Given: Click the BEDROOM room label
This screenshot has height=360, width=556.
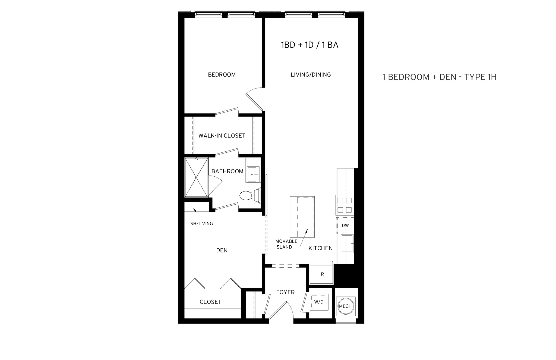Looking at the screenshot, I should [x=222, y=75].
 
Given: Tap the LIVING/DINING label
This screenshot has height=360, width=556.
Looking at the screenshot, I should [x=311, y=75].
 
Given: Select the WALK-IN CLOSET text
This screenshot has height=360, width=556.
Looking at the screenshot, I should [x=222, y=136].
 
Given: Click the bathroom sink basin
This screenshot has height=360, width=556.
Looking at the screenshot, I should [x=253, y=174].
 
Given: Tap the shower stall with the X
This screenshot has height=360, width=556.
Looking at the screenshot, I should [x=196, y=177].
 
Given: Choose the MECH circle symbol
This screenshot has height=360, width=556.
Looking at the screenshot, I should [x=345, y=306].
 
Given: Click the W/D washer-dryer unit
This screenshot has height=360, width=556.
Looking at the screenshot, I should [x=319, y=302].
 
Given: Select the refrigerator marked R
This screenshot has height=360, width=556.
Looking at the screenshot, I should [x=322, y=274].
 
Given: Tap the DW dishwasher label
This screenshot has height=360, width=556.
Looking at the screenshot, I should [x=345, y=226].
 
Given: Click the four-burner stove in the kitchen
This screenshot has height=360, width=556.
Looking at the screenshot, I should [x=345, y=205].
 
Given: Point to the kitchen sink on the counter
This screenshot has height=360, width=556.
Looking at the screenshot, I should [x=347, y=243].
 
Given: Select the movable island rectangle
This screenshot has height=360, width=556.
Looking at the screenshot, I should [x=302, y=217].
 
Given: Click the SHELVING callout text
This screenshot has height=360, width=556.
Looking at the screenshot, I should [x=201, y=224].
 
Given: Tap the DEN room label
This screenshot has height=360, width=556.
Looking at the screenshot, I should [x=222, y=251].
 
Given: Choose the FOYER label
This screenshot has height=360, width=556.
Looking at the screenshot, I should [x=285, y=292].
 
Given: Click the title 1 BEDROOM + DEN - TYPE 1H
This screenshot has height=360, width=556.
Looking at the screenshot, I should [x=439, y=77].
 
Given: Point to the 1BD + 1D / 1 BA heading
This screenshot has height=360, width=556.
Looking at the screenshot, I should [x=309, y=45].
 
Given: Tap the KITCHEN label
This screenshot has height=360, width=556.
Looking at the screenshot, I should [x=320, y=248].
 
